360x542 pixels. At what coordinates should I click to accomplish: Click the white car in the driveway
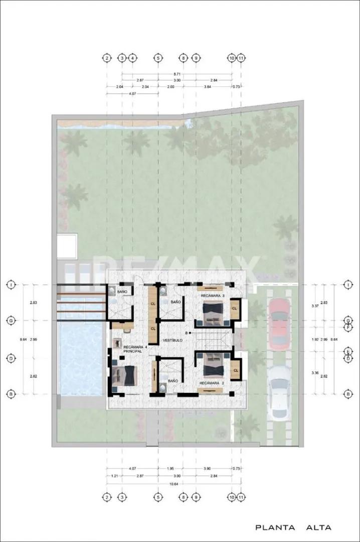coord(279,391)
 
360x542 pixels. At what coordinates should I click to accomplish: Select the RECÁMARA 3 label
coord(212,296)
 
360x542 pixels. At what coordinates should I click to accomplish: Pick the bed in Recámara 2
coord(214,364)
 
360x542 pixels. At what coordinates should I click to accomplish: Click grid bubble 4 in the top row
coord(132,58)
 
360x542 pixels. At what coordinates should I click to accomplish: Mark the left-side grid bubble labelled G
coord(10,320)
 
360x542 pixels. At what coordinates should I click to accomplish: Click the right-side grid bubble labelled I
coord(347,285)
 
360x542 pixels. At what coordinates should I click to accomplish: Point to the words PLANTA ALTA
coord(293,527)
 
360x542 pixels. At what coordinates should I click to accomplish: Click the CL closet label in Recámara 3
coord(235,310)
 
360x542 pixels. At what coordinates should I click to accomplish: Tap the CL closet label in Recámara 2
coord(235,370)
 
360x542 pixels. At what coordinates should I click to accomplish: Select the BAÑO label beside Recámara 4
coord(122,292)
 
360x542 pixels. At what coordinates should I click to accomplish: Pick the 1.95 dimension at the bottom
coord(170,469)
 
